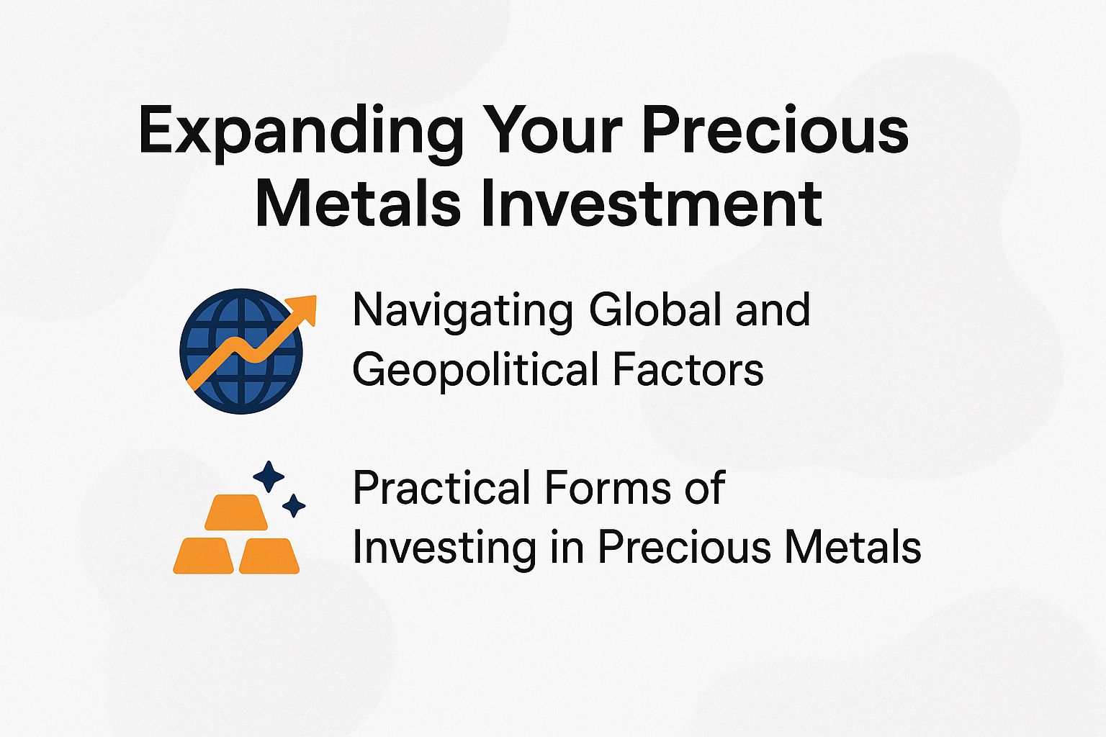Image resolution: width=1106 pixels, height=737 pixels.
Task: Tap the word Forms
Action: (597, 488)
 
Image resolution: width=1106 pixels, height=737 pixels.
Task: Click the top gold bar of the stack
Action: (236, 512)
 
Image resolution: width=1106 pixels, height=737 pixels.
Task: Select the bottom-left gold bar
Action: (203, 556)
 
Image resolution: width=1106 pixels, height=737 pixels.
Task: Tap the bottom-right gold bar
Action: (269, 556)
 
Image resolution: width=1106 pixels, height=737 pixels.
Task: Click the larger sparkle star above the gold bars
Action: (269, 476)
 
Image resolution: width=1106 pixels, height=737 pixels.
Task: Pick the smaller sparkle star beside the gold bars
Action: (293, 505)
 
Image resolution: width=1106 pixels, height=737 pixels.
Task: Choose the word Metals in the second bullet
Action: (853, 548)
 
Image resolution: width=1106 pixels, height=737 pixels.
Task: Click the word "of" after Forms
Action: (704, 488)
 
